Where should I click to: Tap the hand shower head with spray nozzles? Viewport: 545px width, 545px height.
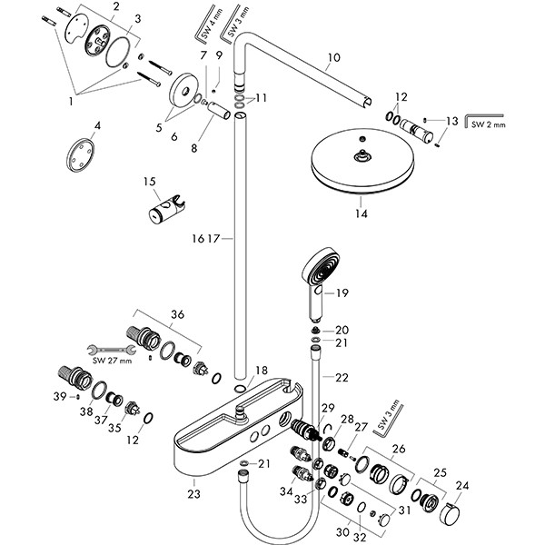click(318, 272)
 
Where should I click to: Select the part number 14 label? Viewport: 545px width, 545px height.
click(363, 216)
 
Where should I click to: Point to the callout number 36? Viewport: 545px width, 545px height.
click(178, 314)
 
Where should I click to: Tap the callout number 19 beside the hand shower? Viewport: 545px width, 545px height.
click(342, 292)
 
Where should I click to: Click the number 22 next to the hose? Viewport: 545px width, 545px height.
click(342, 377)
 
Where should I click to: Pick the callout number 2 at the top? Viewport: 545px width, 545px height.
click(115, 7)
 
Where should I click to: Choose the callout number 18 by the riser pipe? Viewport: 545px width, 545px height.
click(262, 370)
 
